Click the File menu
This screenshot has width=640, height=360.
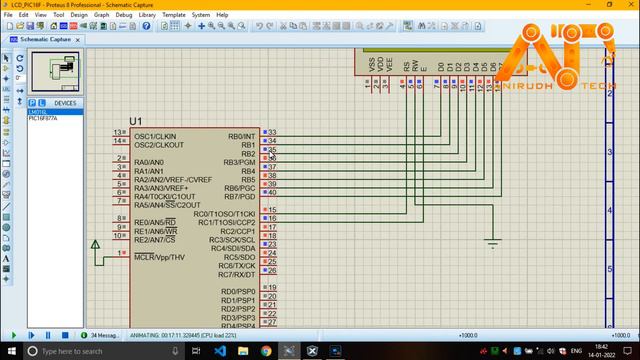(8, 15)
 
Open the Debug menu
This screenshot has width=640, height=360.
(123, 15)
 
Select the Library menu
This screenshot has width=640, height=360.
(147, 15)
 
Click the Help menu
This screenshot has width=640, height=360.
(222, 15)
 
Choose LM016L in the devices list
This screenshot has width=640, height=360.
(38, 112)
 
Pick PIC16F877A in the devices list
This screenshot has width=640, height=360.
(43, 119)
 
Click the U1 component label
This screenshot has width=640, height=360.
(136, 122)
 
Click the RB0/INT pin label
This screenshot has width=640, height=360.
(241, 136)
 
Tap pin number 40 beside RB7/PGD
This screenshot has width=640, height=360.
(272, 192)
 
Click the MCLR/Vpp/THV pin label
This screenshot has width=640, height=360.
(160, 257)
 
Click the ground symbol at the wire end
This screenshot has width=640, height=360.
(491, 243)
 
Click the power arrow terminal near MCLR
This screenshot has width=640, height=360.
(96, 244)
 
